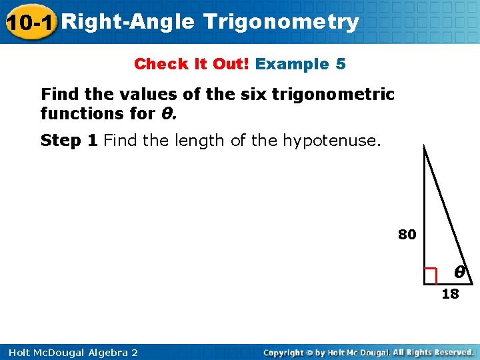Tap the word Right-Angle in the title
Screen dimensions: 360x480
[x=131, y=22]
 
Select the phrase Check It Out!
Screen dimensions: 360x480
[x=192, y=65]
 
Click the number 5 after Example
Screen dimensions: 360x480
[x=341, y=65]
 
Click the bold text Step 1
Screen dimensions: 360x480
[x=69, y=141]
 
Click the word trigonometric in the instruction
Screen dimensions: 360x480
[x=339, y=95]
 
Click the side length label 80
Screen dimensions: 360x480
[x=407, y=235]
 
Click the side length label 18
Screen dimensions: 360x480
[x=451, y=294]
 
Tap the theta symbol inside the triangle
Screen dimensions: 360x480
[x=459, y=272]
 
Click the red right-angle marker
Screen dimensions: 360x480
[x=431, y=275]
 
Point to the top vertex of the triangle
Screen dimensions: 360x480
[x=424, y=147]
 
